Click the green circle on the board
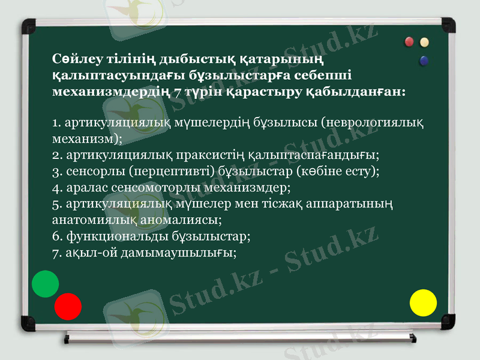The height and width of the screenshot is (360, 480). click(x=45, y=284)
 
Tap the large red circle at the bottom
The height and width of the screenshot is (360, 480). click(x=68, y=306)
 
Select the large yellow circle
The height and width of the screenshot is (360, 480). click(x=423, y=302)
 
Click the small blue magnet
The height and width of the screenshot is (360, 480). click(x=425, y=61)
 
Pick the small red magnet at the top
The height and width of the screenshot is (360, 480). click(x=410, y=42)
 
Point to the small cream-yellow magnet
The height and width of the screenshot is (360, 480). click(x=425, y=42)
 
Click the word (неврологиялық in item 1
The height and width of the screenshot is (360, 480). click(x=373, y=124)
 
